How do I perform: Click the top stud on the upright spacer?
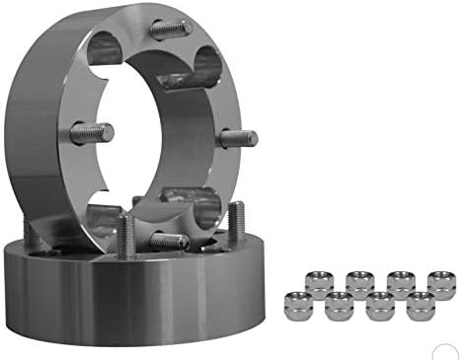(171, 29)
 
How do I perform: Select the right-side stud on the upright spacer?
(237, 138)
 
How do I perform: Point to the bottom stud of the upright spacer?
(168, 239)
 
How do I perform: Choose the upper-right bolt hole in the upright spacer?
(209, 65)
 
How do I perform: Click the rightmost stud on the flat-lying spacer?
(237, 222)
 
